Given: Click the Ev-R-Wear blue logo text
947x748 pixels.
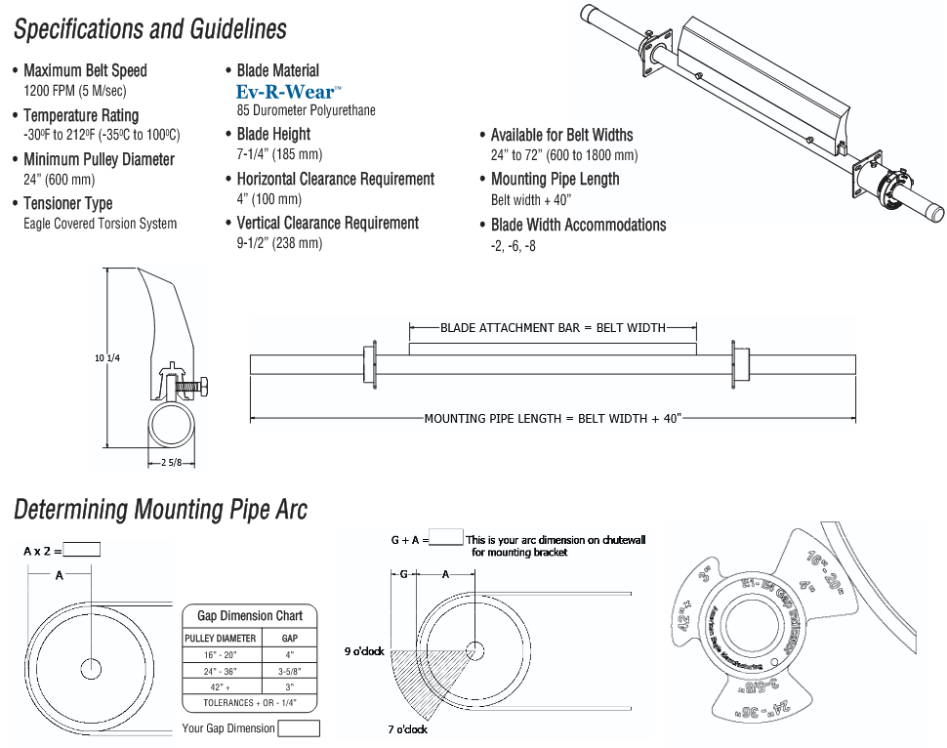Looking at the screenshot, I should tap(288, 92).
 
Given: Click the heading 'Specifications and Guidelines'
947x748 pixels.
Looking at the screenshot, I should tap(150, 29).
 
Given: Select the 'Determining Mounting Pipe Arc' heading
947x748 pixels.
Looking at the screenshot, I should tap(160, 509).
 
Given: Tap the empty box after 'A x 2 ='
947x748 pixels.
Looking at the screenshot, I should tap(82, 550).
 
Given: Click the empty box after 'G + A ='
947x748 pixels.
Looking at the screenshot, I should tap(446, 537).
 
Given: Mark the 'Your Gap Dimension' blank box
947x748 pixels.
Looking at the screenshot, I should tap(299, 728).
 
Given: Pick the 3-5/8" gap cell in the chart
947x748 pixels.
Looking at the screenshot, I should tap(289, 671).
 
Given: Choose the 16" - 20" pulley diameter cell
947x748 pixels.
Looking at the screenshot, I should tap(221, 655).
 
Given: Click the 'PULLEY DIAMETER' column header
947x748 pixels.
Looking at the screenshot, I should tap(221, 639).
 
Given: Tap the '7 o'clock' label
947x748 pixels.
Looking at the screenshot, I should tap(407, 729).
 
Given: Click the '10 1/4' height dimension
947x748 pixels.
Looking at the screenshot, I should tap(107, 358).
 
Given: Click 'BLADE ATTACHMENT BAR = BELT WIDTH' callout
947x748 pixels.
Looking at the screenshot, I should tap(553, 328).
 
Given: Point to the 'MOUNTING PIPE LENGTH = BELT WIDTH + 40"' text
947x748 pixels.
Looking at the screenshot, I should tap(553, 418).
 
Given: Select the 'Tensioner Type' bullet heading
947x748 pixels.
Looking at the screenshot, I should tap(68, 203).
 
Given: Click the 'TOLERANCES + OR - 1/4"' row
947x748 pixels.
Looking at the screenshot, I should tap(250, 702).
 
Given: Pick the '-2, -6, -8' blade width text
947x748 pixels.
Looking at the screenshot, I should tap(514, 246).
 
